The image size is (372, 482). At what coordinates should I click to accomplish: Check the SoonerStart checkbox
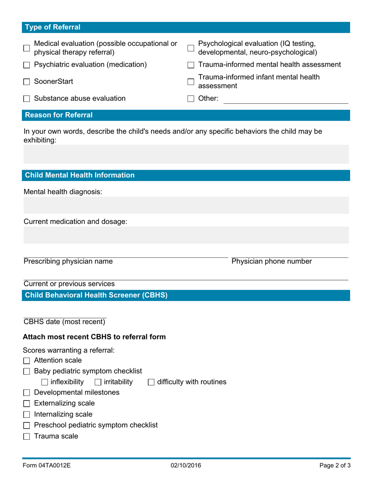27,82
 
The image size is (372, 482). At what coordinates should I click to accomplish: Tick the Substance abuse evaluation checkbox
27,99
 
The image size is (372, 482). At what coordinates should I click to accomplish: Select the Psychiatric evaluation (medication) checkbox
27,65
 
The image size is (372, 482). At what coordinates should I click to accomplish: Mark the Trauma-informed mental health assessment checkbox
191,65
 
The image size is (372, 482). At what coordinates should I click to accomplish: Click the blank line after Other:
285,100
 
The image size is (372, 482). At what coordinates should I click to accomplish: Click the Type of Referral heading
53,27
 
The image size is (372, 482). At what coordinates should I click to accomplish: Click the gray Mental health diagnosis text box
186,205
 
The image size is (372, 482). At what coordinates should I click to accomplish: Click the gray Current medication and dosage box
186,235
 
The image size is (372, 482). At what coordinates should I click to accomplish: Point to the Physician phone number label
272,261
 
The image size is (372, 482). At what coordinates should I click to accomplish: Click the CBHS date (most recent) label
65,322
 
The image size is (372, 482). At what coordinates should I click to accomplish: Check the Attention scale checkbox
27,361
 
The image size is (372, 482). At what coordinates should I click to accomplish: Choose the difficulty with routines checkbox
151,382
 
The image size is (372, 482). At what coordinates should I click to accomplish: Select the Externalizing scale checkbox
27,404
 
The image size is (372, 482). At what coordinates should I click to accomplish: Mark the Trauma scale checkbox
27,437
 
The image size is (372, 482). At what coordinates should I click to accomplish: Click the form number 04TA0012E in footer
47,466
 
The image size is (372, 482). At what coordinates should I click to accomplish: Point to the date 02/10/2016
186,466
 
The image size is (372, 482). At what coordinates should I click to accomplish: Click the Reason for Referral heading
59,115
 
